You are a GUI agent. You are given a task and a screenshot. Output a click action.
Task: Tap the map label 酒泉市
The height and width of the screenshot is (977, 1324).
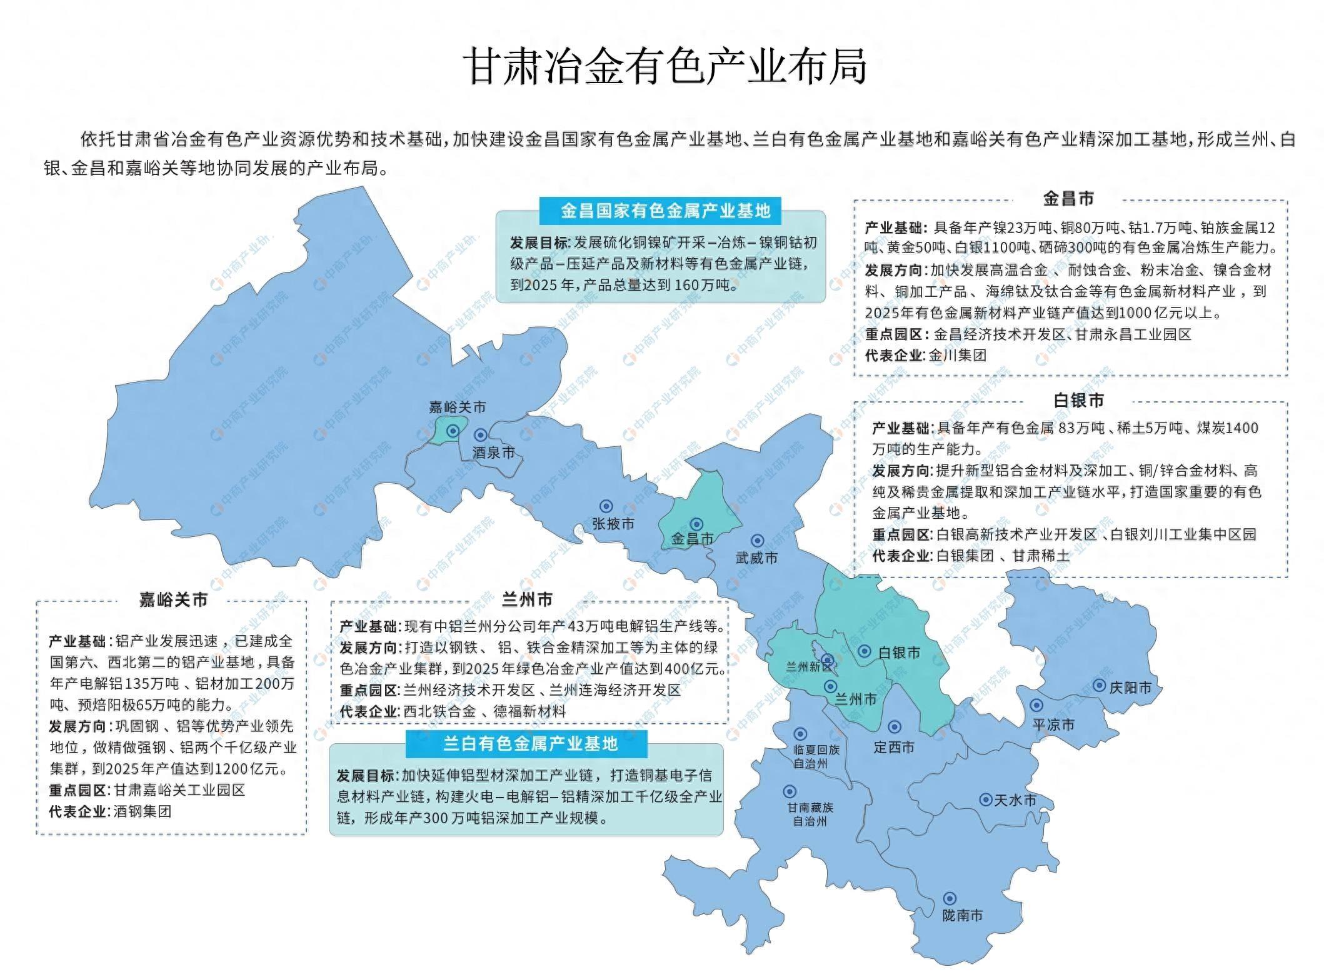coord(493,452)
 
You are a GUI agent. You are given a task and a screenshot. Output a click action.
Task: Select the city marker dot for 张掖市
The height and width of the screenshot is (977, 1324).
coord(606,506)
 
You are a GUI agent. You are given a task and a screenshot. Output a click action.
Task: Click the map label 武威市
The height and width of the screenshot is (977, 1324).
coord(756,557)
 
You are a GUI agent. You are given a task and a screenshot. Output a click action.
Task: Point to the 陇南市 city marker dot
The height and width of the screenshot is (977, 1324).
coord(949,899)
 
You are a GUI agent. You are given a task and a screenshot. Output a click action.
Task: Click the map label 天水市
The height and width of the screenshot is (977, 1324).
coord(1015,800)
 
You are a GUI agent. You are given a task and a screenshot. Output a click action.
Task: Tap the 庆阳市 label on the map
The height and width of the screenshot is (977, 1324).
coord(1130,688)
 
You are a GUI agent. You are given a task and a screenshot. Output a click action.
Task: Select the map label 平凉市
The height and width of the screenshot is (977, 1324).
coord(1053,724)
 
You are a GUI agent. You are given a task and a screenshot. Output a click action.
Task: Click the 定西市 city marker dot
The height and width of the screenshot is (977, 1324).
coord(895,727)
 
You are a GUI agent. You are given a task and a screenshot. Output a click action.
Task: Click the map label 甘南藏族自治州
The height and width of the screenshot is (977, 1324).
coord(810,814)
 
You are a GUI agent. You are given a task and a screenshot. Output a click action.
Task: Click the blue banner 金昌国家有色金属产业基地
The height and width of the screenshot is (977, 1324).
coord(665,211)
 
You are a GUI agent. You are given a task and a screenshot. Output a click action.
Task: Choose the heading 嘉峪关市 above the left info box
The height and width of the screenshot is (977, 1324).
coord(173,600)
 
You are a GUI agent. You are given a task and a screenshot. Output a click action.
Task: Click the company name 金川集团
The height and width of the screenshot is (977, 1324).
coord(957,355)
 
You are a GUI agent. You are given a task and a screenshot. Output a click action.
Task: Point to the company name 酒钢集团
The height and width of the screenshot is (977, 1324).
coord(143,811)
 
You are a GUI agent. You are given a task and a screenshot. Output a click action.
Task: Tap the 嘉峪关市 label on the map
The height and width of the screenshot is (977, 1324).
coord(457,407)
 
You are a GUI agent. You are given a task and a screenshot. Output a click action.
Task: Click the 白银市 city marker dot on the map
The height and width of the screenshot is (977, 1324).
coord(864,651)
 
